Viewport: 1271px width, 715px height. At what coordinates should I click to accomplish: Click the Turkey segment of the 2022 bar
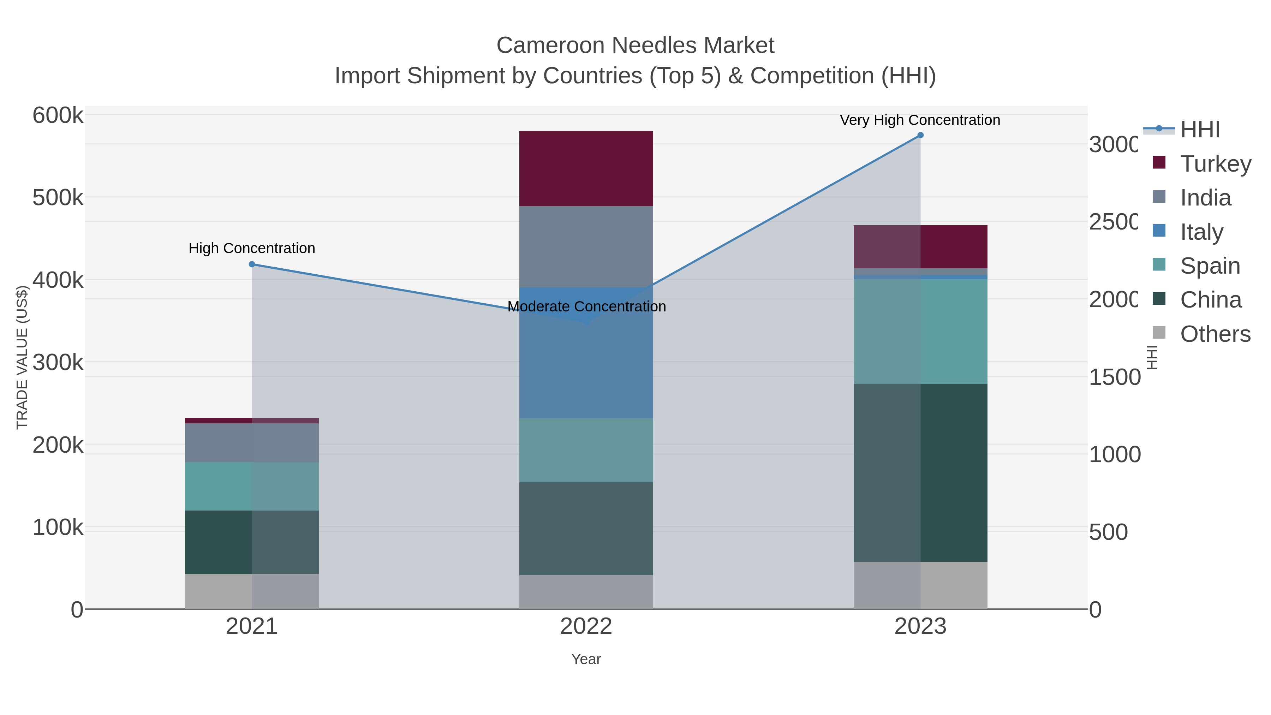coord(586,168)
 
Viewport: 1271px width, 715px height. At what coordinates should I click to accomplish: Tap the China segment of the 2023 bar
coord(920,473)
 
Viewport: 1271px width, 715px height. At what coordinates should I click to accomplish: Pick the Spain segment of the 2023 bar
coord(920,332)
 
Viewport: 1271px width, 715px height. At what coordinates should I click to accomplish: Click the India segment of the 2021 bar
coord(252,443)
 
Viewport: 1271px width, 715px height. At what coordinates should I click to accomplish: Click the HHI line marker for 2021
coord(252,264)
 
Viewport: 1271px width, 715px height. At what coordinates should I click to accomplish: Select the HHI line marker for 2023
coord(920,135)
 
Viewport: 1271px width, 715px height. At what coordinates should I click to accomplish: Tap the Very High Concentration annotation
coord(920,120)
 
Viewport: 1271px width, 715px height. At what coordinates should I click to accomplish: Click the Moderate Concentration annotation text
coord(586,306)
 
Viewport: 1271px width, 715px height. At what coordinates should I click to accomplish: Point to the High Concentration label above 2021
coord(252,248)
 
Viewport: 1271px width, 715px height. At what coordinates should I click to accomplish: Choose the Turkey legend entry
coord(1215,164)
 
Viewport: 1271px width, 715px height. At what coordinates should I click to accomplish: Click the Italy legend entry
coord(1201,232)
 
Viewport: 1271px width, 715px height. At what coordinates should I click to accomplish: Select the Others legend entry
coord(1215,334)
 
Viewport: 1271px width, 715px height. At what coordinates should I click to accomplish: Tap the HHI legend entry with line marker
coord(1200,130)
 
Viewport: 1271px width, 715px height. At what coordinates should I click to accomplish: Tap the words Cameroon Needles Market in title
coord(635,46)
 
